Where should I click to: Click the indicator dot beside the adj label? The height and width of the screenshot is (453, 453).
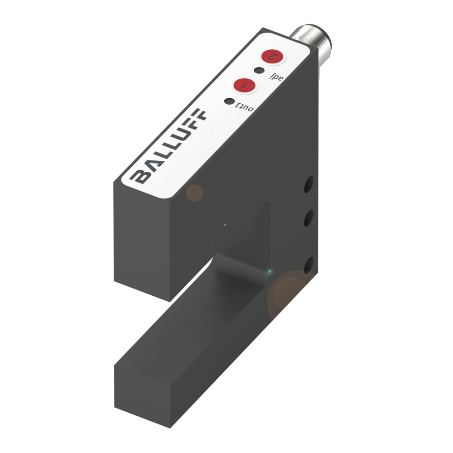click(x=259, y=71)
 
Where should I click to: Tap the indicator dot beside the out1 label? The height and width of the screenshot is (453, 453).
click(x=230, y=102)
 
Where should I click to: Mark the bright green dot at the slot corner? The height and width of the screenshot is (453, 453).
click(x=270, y=272)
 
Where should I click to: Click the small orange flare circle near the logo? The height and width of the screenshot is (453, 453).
click(x=194, y=193)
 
